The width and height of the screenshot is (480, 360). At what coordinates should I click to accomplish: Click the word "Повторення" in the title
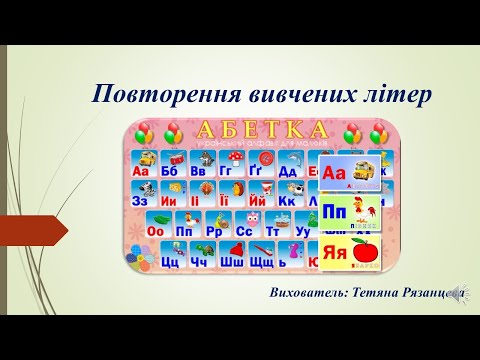(x=150, y=96)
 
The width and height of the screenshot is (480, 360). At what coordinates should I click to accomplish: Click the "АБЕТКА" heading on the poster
(x=262, y=130)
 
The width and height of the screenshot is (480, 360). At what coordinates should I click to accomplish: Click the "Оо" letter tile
(x=155, y=227)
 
